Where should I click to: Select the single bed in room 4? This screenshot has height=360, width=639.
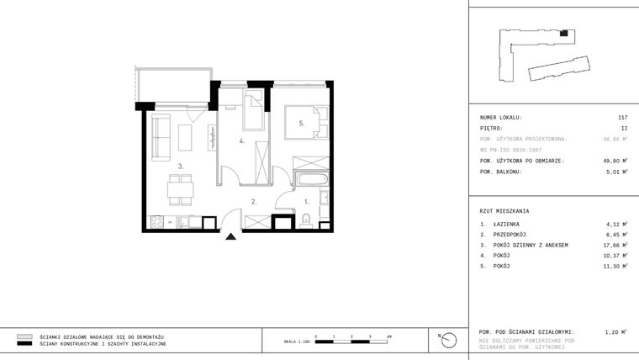tap(255, 112)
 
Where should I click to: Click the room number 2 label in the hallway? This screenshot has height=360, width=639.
tap(253, 202)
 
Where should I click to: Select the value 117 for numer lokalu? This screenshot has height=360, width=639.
tap(622, 117)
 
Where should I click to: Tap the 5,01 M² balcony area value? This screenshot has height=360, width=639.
tap(616, 172)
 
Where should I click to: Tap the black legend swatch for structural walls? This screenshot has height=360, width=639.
tap(24, 343)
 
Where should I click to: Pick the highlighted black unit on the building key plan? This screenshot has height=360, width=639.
tap(565, 34)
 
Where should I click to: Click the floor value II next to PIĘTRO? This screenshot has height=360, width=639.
tap(624, 128)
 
